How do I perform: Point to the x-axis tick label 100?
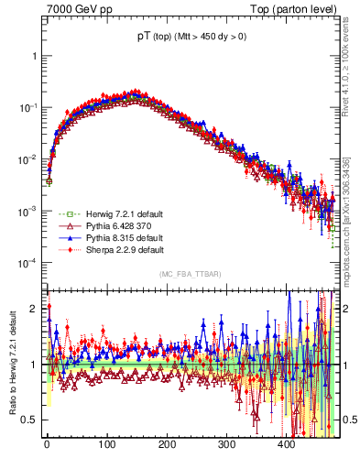pyautogui.click(x=106, y=444)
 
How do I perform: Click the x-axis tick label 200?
pyautogui.click(x=167, y=444)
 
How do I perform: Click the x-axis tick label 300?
pyautogui.click(x=226, y=444)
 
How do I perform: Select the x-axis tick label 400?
pyautogui.click(x=286, y=444)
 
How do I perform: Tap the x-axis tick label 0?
pyautogui.click(x=47, y=444)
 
